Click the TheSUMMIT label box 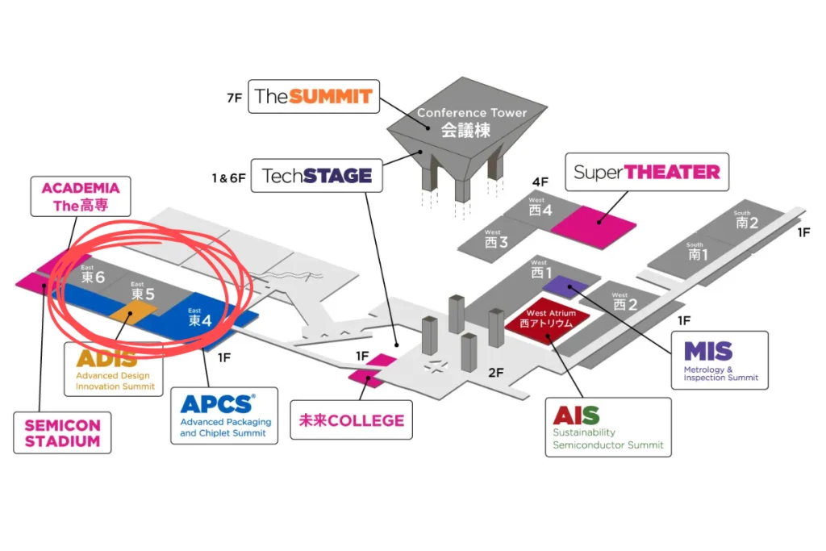tap(313, 97)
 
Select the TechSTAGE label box tap(316, 176)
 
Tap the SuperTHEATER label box tap(646, 172)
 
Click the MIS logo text tap(707, 351)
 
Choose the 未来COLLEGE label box tap(351, 420)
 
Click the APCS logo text tap(218, 403)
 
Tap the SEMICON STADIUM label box tap(62, 432)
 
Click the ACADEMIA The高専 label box tap(80, 197)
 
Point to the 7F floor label tap(234, 98)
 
